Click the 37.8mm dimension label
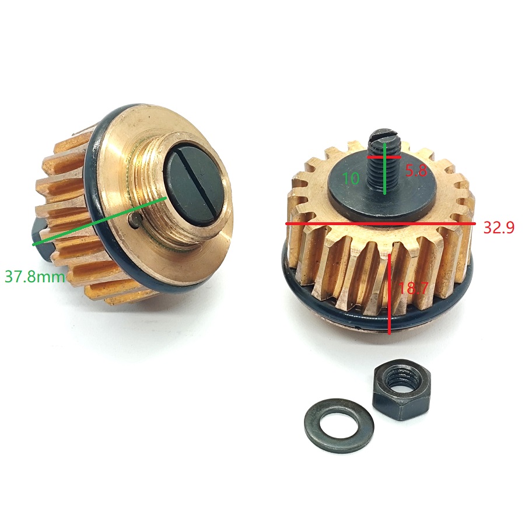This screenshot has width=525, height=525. click(x=34, y=277)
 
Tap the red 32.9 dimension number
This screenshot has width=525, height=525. click(x=499, y=228)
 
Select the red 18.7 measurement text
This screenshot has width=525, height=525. click(x=414, y=288)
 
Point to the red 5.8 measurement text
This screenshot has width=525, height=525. click(x=416, y=171)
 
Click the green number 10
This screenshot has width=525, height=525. click(x=351, y=178)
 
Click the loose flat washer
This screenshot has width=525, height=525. click(x=339, y=426)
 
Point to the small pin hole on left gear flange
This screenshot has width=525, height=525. click(x=135, y=220)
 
